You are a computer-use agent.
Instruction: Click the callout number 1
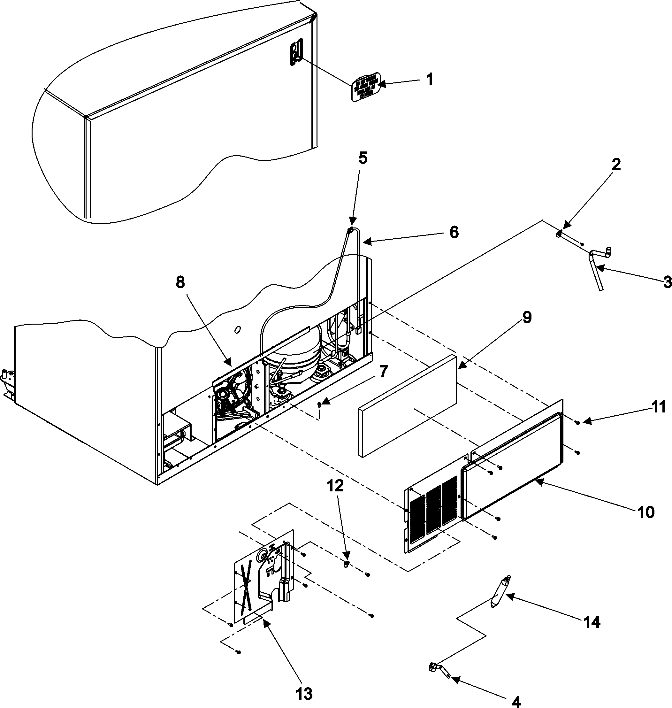430,79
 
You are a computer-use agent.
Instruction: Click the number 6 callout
454,233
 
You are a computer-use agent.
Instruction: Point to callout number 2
616,165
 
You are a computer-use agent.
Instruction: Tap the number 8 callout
180,282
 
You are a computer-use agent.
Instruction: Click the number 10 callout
646,513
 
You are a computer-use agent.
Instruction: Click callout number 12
335,486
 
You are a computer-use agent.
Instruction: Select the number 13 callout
303,693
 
